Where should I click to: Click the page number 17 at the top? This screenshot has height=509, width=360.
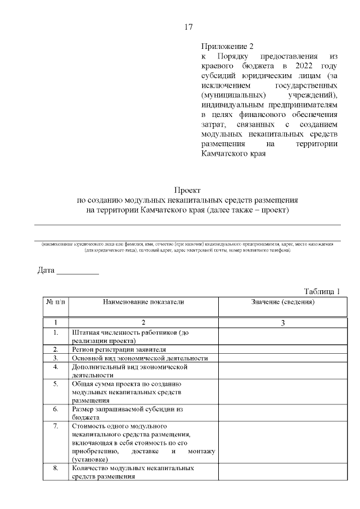[x=188, y=27]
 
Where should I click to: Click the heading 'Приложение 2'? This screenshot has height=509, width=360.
[x=223, y=47]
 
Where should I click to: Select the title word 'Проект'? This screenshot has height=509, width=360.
[x=187, y=190]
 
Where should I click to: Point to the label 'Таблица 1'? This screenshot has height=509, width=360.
[x=322, y=291]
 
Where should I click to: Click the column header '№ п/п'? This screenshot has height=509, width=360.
[x=55, y=302]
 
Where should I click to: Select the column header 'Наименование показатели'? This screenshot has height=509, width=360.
[x=143, y=302]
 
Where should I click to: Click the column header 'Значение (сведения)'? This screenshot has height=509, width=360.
[x=282, y=302]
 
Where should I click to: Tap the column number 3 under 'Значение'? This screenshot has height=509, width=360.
[x=282, y=323]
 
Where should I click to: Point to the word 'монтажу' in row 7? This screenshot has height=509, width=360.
[x=202, y=451]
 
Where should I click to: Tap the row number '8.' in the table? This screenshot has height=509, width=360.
[x=55, y=467]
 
